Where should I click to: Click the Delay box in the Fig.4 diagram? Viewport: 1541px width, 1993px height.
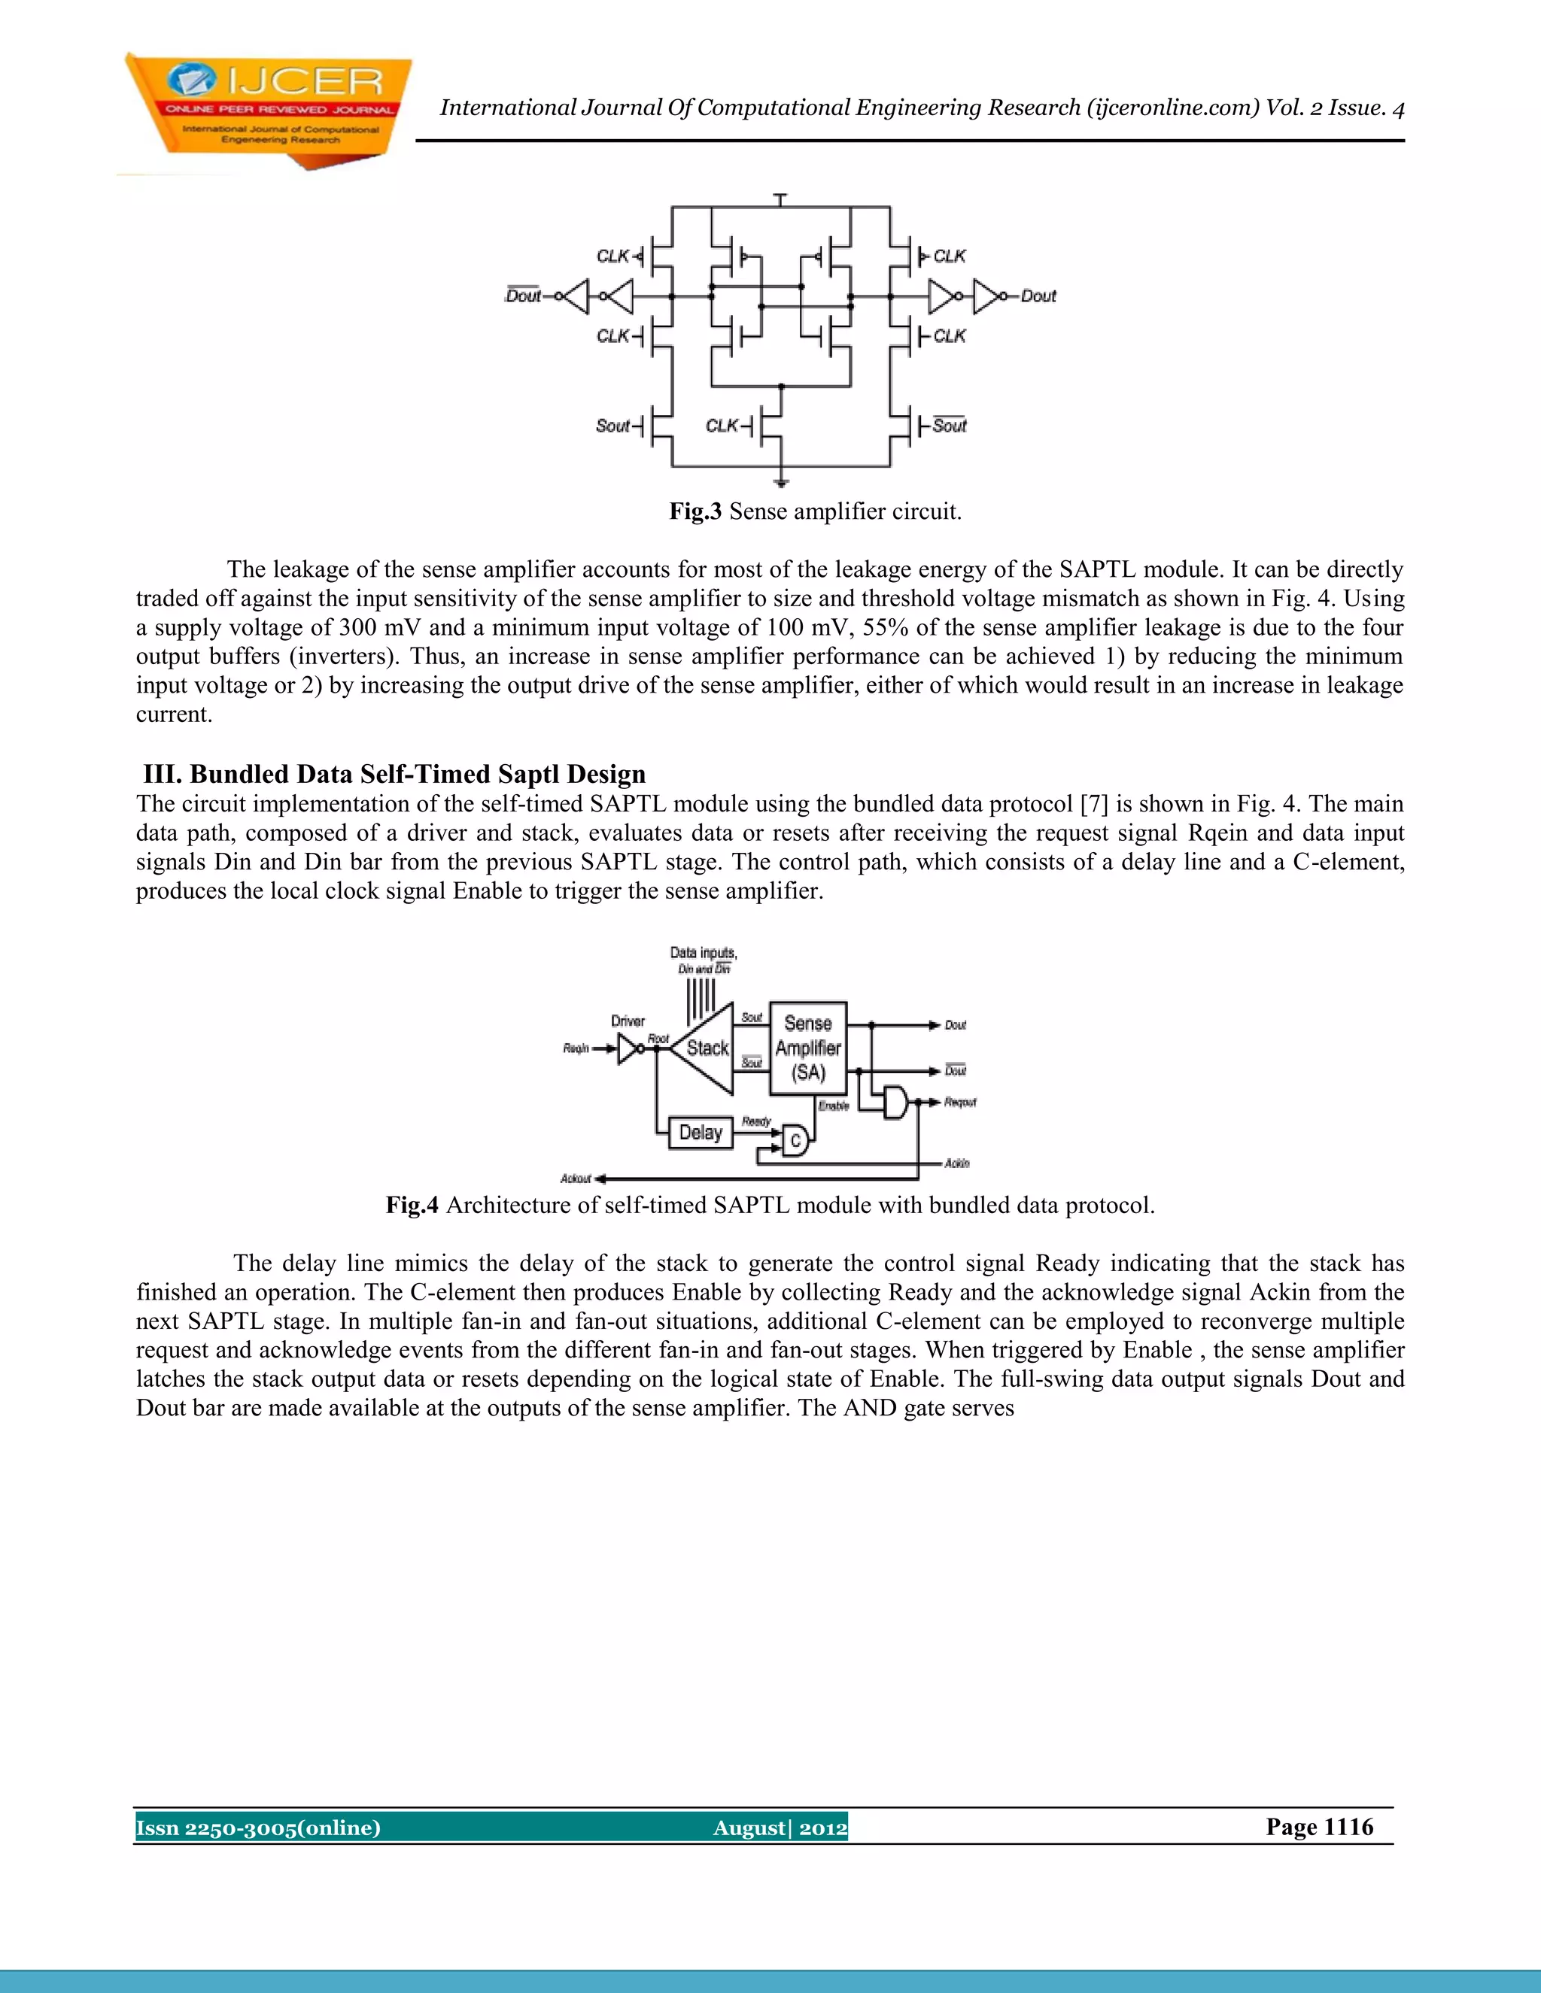tap(701, 1133)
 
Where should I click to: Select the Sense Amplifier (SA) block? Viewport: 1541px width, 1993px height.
tap(808, 1048)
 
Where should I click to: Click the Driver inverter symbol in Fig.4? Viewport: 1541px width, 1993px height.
tap(629, 1049)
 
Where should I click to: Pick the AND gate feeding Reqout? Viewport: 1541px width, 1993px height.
tap(895, 1103)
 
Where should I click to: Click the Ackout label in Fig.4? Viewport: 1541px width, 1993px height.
tap(576, 1178)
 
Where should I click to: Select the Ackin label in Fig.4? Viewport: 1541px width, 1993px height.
tap(957, 1163)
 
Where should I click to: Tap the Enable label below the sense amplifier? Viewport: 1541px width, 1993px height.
tap(834, 1106)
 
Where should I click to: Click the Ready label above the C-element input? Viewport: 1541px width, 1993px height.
tap(756, 1121)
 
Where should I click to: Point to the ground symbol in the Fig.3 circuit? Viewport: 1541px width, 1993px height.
tap(780, 483)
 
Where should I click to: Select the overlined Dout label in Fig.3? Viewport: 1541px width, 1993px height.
tap(523, 296)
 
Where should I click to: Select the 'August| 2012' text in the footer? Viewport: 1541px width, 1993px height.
tap(780, 1828)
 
